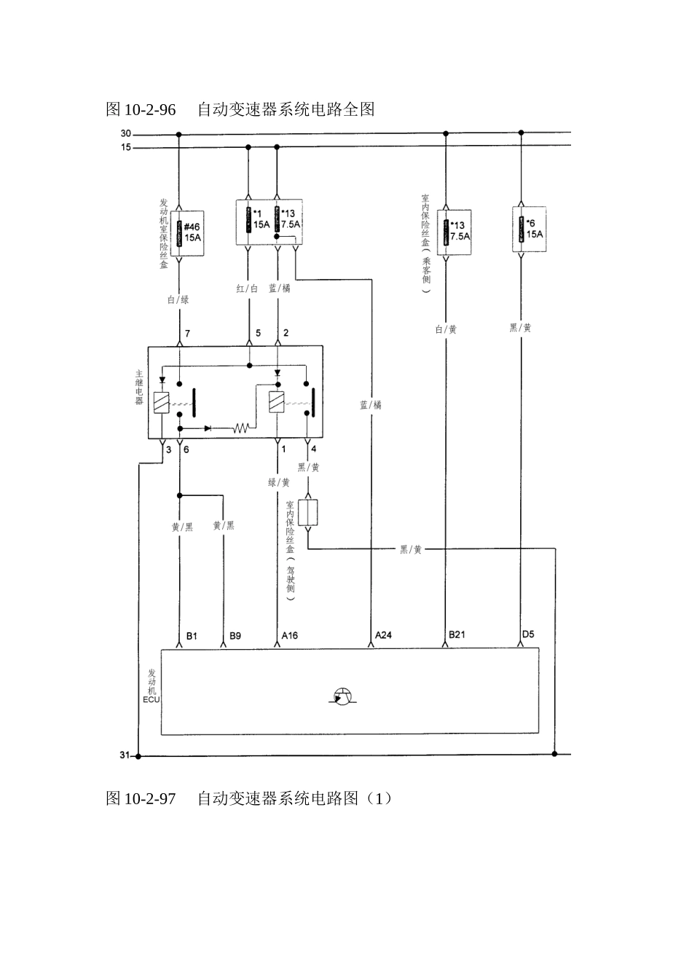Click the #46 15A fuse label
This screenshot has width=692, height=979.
tap(192, 232)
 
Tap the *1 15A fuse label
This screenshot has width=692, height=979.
tap(261, 219)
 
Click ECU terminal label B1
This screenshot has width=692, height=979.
tap(192, 636)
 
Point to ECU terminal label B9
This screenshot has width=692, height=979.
tap(235, 636)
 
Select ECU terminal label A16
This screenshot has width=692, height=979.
tap(290, 636)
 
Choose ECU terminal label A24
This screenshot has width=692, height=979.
tap(383, 635)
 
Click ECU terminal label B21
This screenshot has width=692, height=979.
tap(457, 634)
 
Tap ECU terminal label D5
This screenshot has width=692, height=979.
tap(528, 634)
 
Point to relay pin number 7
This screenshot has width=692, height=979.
tap(187, 334)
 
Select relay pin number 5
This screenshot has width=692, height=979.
tap(257, 334)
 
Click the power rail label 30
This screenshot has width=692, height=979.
tap(125, 133)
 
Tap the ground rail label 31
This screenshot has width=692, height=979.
tap(125, 755)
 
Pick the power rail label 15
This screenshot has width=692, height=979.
tap(125, 147)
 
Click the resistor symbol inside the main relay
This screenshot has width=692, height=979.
tap(241, 428)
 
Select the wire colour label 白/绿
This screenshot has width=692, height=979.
tap(178, 299)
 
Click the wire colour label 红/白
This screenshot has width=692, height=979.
tap(248, 289)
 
